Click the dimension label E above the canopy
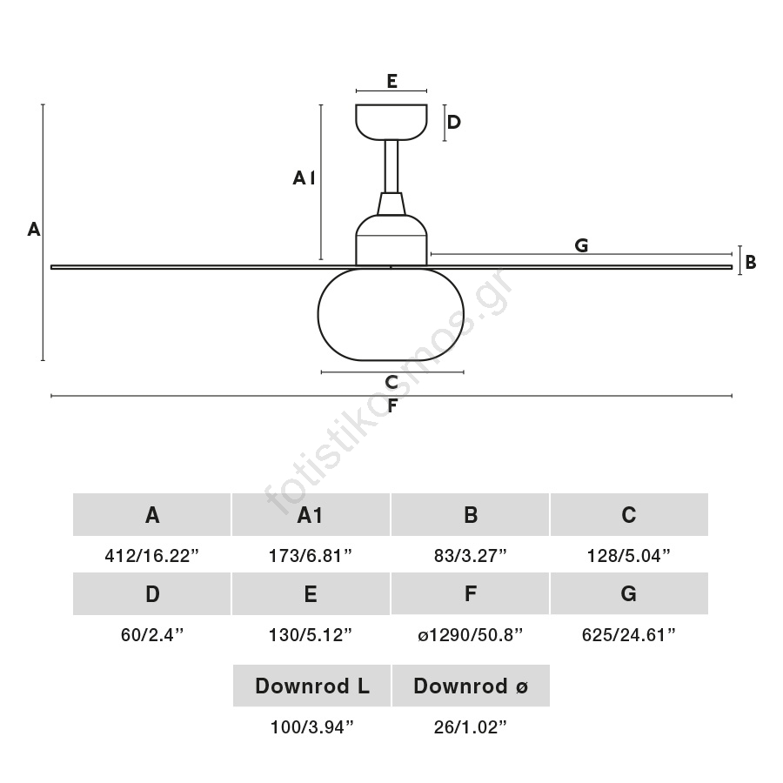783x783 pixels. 391,81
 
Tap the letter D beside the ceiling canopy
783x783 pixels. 453,123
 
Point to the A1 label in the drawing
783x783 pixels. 304,178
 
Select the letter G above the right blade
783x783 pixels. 581,245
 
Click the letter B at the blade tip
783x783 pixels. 750,262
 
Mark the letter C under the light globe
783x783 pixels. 391,382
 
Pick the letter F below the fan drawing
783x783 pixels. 392,405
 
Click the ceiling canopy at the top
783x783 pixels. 391,122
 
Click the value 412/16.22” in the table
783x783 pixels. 153,556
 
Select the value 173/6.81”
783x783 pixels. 311,556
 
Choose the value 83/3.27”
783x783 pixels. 471,556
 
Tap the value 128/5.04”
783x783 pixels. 629,556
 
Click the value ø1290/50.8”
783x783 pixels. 471,635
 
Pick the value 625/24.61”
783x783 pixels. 629,635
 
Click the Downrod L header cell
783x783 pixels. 312,686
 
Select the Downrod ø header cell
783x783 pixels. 471,686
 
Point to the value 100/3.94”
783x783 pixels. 312,727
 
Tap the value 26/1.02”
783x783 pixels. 471,727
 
